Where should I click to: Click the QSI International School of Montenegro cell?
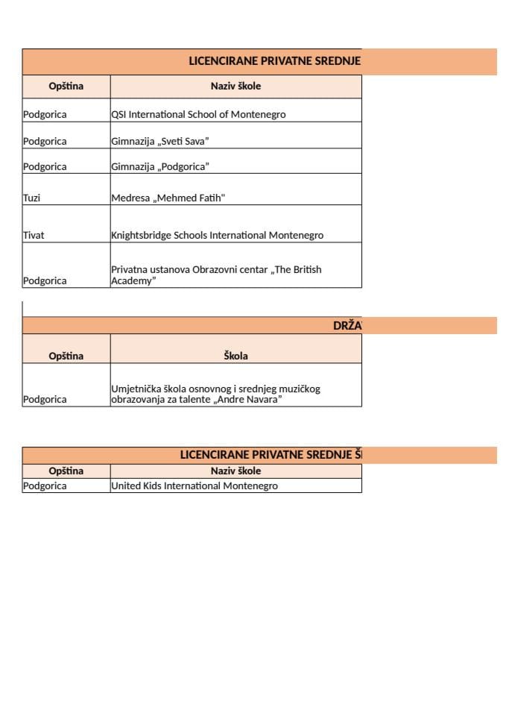[x=198, y=115]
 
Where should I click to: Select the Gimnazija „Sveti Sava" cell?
[x=160, y=141]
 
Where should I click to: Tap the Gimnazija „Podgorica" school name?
[x=160, y=166]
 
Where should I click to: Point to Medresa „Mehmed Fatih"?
[x=168, y=198]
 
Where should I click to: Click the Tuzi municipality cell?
[x=31, y=198]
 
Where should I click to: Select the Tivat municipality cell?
[x=34, y=235]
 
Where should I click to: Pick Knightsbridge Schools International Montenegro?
[x=217, y=235]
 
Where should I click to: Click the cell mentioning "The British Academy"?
[x=216, y=274]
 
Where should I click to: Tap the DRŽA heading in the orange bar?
[x=347, y=325]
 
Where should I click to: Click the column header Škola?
[x=235, y=356]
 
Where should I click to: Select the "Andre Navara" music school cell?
[x=215, y=394]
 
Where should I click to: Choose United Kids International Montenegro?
[x=194, y=486]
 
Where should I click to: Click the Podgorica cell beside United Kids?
[x=45, y=486]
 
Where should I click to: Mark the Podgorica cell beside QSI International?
[x=45, y=115]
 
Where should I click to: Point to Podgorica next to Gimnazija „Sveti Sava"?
[x=45, y=141]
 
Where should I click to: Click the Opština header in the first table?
[x=66, y=86]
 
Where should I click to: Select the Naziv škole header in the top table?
[x=235, y=86]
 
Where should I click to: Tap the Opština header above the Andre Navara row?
[x=66, y=356]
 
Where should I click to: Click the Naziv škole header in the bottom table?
[x=235, y=471]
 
